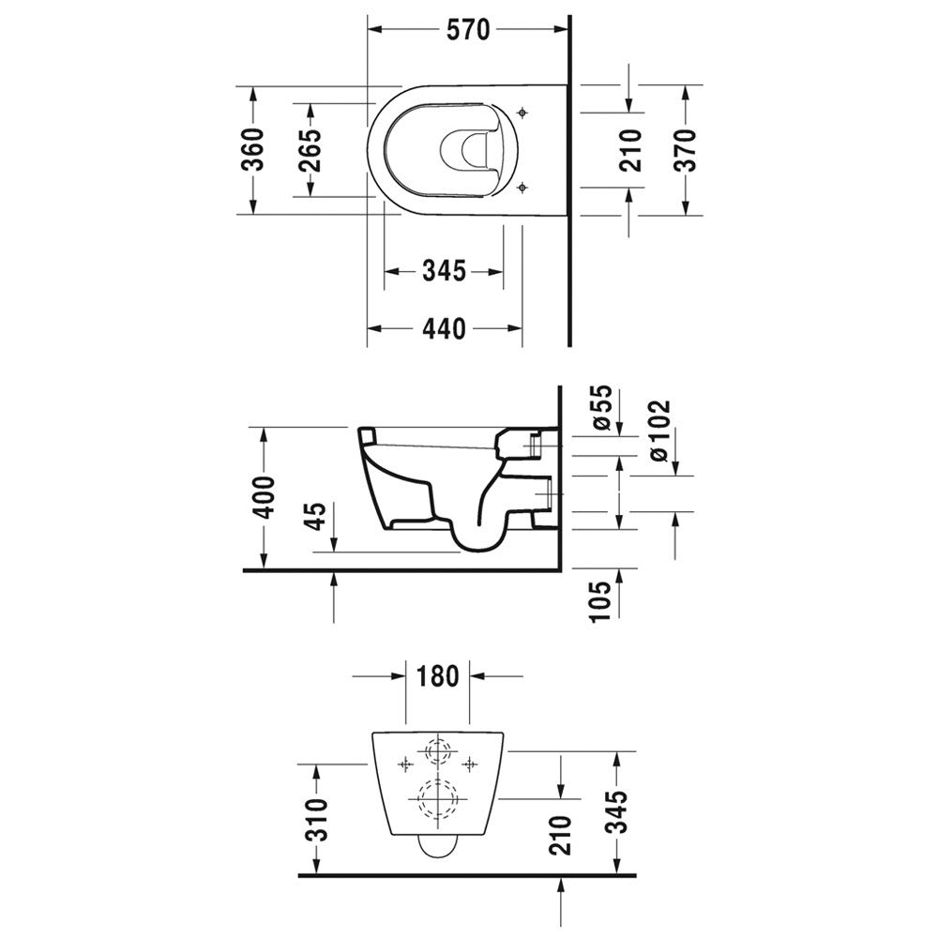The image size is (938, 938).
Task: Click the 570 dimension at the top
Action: click(468, 30)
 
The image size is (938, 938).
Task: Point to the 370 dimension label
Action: click(687, 150)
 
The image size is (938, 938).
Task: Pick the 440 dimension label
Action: click(444, 328)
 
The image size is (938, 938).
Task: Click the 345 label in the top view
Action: click(444, 272)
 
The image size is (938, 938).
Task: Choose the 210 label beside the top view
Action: click(630, 150)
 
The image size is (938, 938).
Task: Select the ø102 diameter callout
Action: click(658, 431)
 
